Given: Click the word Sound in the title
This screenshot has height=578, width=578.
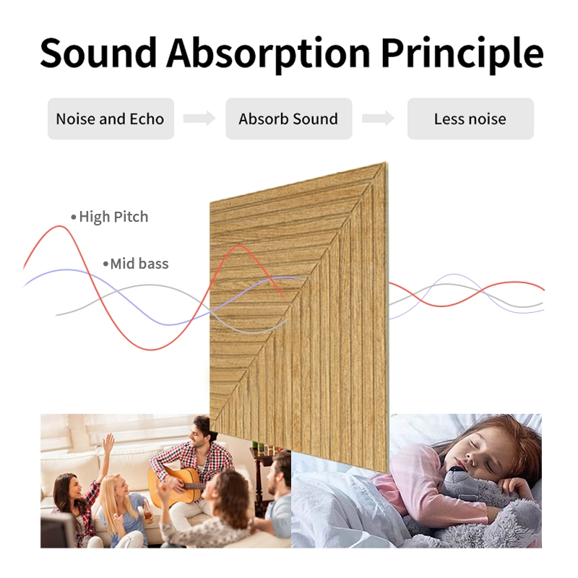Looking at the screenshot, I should (x=98, y=52).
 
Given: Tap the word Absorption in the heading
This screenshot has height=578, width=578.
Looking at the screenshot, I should (x=267, y=52).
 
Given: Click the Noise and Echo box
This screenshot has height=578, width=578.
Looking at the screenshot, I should (x=110, y=119).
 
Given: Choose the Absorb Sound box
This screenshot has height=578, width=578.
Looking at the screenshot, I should (x=288, y=119).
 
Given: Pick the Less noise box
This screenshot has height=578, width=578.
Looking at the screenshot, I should (x=470, y=119).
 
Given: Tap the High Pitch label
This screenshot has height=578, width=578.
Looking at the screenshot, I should (x=113, y=217).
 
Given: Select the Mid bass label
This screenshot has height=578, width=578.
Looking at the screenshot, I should (x=139, y=264).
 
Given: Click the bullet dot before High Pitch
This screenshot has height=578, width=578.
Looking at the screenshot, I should (x=73, y=217).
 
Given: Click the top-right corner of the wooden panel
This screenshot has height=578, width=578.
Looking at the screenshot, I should (x=384, y=165).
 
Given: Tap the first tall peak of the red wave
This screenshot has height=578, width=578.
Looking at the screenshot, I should (x=56, y=228).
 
